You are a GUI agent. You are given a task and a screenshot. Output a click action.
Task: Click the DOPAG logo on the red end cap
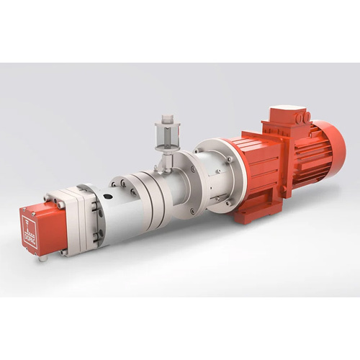(30, 229)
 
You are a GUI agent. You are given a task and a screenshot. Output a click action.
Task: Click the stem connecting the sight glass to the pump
(164, 160)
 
